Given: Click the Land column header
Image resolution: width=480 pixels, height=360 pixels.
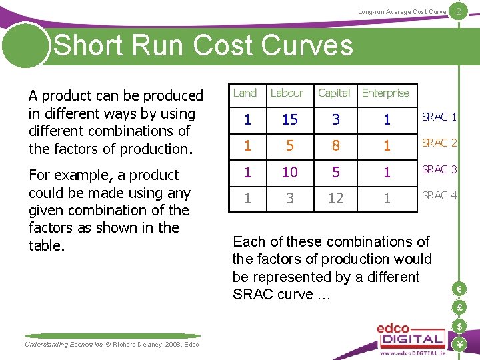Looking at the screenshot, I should coord(245,93).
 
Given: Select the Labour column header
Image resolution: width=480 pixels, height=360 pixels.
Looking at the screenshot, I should coord(287,93).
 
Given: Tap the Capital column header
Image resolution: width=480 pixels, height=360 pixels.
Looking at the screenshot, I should coord(334,93).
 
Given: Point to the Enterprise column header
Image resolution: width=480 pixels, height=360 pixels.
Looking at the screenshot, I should coord(385,93).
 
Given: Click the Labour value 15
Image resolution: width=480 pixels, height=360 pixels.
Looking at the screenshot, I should coord(290,119).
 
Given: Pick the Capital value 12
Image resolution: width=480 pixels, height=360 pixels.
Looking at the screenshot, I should coord(335,199).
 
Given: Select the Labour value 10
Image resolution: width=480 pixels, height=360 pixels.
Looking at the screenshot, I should coord(290,173).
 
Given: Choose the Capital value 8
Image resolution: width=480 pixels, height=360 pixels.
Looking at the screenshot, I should coord(335,146).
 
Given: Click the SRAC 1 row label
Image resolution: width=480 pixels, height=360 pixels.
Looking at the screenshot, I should coord(439,117).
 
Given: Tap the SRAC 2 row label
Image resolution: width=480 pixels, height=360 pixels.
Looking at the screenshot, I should coord(439,143).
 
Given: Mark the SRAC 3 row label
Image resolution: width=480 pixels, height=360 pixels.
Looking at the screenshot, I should coord(439,170).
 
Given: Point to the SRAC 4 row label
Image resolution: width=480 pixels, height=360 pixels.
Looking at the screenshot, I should coord(439,196).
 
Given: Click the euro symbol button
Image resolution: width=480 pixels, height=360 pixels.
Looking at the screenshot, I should coord(459,289).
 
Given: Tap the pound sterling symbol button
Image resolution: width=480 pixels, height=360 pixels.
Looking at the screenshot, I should coord(459,307).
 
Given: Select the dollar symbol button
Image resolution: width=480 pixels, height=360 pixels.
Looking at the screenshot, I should coord(459,326).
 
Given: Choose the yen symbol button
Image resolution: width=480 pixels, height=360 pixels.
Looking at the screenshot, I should coord(459,344).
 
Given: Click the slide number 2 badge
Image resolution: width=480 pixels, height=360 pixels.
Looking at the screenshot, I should coord(459,11).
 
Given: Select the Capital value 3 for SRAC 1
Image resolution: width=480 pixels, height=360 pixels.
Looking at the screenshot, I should coord(335,119).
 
